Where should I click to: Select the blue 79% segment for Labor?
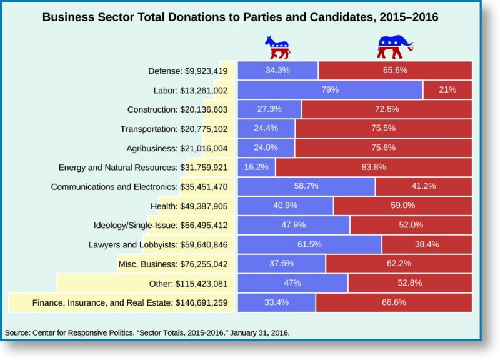tap(330, 90)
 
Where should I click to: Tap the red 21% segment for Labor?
tap(447, 90)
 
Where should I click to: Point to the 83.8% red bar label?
tap(374, 167)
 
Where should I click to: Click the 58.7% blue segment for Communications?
tap(306, 186)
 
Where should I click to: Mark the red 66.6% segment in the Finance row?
tap(394, 302)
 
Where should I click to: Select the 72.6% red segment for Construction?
tap(386, 109)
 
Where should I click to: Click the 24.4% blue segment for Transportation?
tap(266, 128)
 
